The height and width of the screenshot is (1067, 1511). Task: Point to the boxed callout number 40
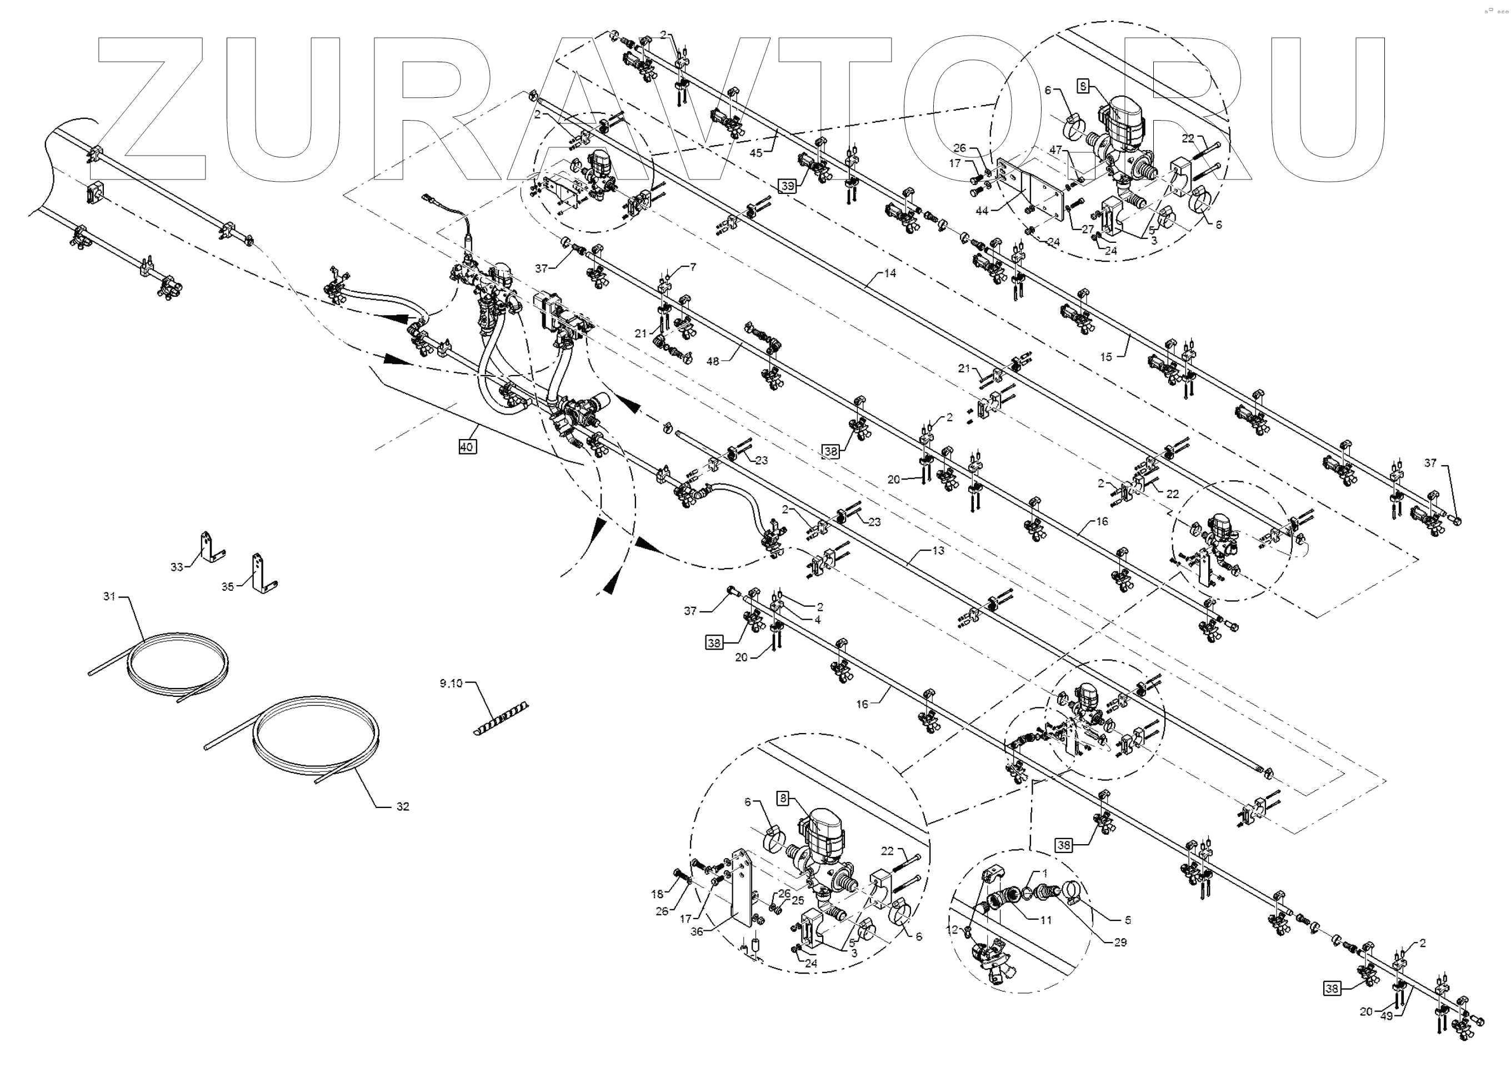pyautogui.click(x=466, y=447)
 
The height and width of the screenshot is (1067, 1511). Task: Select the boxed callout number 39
pyautogui.click(x=788, y=186)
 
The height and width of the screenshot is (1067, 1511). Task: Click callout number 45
pyautogui.click(x=756, y=153)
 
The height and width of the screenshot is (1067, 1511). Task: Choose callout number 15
pyautogui.click(x=1105, y=357)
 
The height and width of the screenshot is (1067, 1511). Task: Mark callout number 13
pyautogui.click(x=938, y=550)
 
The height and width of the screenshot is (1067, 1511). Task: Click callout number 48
pyautogui.click(x=712, y=361)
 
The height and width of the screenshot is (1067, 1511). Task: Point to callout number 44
pyautogui.click(x=982, y=211)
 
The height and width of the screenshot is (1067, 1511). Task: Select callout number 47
pyautogui.click(x=1055, y=150)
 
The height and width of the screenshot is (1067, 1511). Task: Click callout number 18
pyautogui.click(x=657, y=894)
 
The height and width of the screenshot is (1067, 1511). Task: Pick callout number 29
pyautogui.click(x=1120, y=943)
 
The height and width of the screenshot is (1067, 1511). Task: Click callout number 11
pyautogui.click(x=1045, y=920)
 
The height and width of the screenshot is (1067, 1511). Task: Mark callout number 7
pyautogui.click(x=692, y=267)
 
